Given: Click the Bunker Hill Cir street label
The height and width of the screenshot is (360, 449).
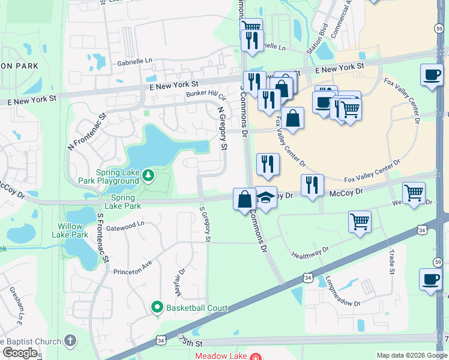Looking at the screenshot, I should (205, 95).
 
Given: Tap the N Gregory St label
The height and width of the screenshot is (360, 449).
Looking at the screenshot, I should (223, 128).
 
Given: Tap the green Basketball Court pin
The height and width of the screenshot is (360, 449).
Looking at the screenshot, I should (157, 308).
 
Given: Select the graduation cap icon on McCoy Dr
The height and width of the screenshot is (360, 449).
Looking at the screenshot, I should (265, 198).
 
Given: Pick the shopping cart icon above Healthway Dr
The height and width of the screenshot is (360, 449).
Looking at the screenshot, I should (360, 221).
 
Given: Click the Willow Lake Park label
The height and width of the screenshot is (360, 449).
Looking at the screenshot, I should (73, 230).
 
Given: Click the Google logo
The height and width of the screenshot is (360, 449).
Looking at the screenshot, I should (20, 352).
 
